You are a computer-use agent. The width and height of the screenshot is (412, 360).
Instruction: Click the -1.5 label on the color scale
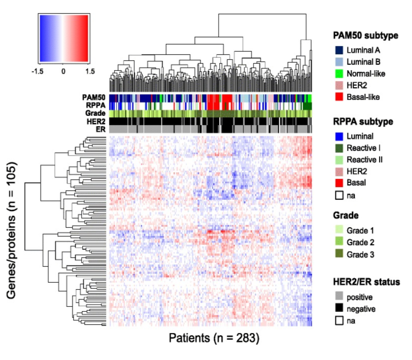(x=37, y=71)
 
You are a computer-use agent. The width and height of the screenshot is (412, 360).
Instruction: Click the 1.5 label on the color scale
(x=88, y=71)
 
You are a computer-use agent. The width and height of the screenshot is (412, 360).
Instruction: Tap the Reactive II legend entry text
(x=365, y=160)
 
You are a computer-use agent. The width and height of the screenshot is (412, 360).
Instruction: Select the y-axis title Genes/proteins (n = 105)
(x=12, y=230)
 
